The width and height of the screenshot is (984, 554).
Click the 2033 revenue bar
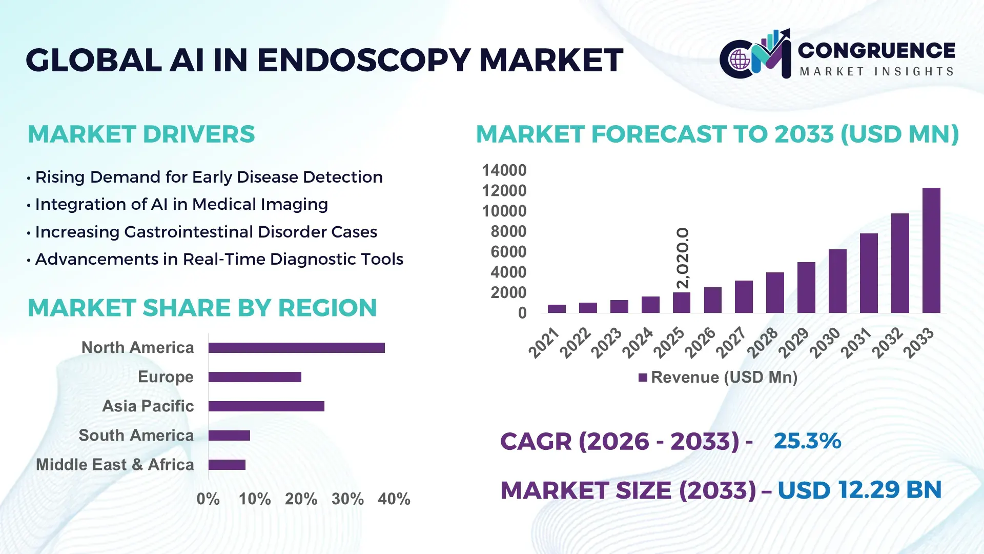coord(931,250)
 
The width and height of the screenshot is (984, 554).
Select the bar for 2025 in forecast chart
coord(682,303)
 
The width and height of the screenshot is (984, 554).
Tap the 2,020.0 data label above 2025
coord(683,258)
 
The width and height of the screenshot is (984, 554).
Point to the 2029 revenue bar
coord(806,287)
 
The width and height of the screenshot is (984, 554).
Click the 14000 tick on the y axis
coord(504,170)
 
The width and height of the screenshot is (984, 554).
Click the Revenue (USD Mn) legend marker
coord(643,378)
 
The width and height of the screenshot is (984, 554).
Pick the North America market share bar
coord(296,348)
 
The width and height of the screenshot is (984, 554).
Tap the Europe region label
coord(166,377)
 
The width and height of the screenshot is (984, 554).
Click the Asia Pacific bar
coord(266,406)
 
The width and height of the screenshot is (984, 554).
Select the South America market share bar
coord(229,436)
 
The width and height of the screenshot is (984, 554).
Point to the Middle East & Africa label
coord(115,465)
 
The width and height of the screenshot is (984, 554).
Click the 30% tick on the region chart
coord(347,499)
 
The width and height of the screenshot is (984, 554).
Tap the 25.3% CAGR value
coord(807,441)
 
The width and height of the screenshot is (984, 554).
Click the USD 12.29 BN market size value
coord(859,490)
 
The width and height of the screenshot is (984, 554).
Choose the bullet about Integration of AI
coord(181,204)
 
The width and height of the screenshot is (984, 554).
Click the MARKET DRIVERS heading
coord(141,134)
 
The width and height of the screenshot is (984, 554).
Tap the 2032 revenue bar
coord(900,263)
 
